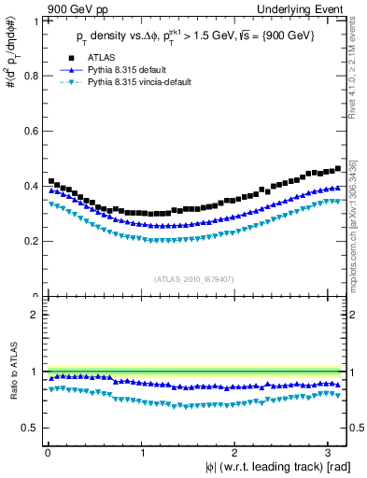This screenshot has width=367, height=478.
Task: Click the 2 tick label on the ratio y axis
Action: pos(35,315)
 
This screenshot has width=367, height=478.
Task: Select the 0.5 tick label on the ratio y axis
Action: pos(32,428)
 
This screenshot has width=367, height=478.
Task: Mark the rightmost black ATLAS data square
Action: pos(337,169)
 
